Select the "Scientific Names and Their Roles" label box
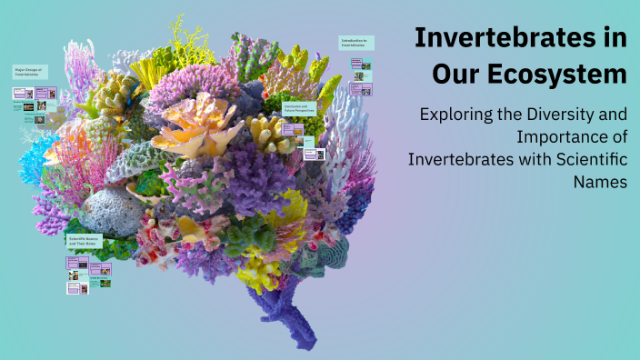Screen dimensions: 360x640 point(85,243)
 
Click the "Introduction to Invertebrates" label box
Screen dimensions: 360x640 point(355,44)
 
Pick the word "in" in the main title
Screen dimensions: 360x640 point(612,38)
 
